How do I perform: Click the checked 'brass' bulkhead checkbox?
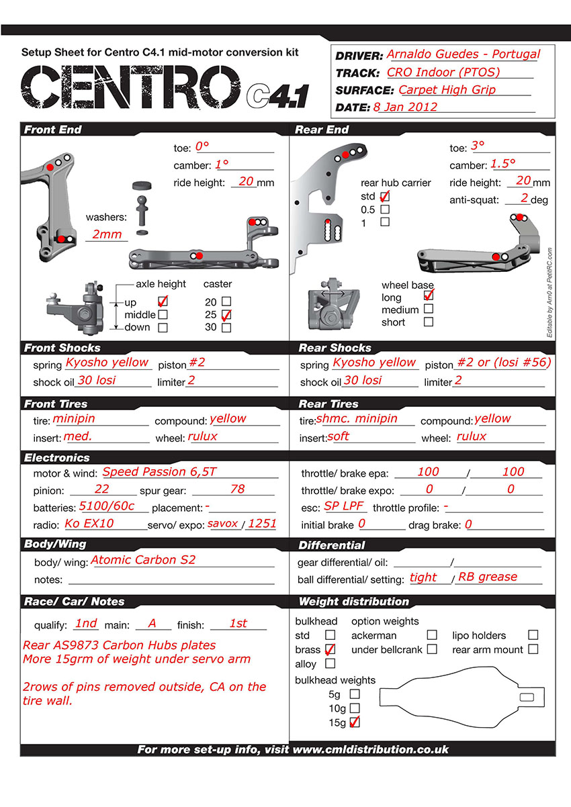pyautogui.click(x=330, y=649)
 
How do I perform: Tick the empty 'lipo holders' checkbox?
pyautogui.click(x=533, y=634)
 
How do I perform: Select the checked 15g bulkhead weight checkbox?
pyautogui.click(x=355, y=722)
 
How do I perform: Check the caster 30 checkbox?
pyautogui.click(x=226, y=328)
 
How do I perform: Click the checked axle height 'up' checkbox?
pyautogui.click(x=162, y=302)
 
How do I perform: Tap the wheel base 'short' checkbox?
pyautogui.click(x=428, y=322)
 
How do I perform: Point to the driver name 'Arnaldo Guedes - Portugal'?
pyautogui.click(x=464, y=54)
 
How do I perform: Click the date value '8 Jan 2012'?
pyautogui.click(x=405, y=107)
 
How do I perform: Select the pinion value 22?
pyautogui.click(x=102, y=489)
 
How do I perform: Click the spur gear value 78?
pyautogui.click(x=237, y=489)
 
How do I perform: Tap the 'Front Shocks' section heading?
pyautogui.click(x=62, y=348)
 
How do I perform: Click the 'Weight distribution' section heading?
pyautogui.click(x=353, y=602)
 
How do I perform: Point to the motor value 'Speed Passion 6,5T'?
pyautogui.click(x=159, y=472)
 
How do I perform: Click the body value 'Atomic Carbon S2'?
pyautogui.click(x=143, y=560)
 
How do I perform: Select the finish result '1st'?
pyautogui.click(x=238, y=623)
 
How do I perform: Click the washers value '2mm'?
pyautogui.click(x=107, y=234)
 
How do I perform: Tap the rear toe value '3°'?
pyautogui.click(x=478, y=146)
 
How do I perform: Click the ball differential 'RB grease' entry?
pyautogui.click(x=488, y=577)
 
